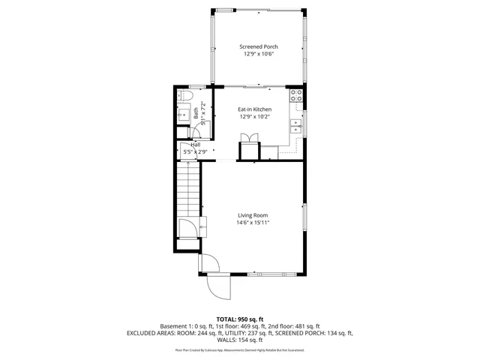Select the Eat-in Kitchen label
[x=254, y=109]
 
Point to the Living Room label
[x=253, y=215]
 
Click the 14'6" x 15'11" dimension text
[x=253, y=223]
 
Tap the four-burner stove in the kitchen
[x=295, y=96]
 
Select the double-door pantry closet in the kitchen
[x=248, y=139]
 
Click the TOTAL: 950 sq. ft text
[x=240, y=319]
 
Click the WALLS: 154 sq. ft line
[x=240, y=340]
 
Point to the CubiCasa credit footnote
[x=240, y=349]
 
